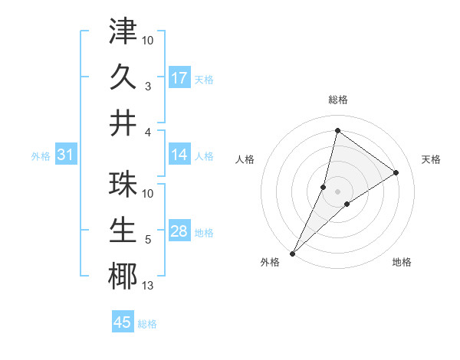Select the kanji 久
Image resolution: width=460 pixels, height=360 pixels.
(123, 77)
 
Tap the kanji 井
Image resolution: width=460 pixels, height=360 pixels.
(123, 123)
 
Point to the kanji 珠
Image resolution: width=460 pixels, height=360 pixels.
(123, 185)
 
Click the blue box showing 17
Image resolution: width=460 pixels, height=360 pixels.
(179, 78)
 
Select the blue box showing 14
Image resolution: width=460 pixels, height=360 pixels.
(179, 155)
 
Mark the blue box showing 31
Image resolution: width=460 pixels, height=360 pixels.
(66, 155)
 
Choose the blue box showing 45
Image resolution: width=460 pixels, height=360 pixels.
(123, 322)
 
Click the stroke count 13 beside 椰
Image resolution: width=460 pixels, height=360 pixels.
(148, 286)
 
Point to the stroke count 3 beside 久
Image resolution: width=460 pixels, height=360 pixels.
(148, 86)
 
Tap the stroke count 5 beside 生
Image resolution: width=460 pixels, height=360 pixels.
(148, 240)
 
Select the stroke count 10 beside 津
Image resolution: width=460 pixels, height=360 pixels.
(148, 40)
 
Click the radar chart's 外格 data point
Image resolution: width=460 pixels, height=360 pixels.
(293, 253)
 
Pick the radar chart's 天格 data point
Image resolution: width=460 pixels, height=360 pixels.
(396, 172)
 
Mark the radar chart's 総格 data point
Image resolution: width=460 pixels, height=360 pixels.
(337, 130)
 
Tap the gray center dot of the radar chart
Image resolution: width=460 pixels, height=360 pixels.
(337, 191)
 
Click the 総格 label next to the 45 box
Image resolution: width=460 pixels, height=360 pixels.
(147, 324)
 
